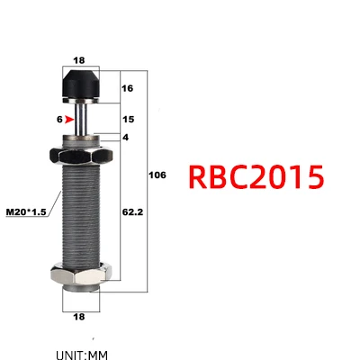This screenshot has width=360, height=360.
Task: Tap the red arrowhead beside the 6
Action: coord(68,119)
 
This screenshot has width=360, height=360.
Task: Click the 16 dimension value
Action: coord(126,89)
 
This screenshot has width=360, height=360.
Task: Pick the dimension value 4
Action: coord(125,138)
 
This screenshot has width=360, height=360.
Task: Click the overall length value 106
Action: coord(157,175)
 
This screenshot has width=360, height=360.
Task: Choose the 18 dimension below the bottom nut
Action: coord(79,316)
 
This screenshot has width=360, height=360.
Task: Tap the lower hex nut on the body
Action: coord(80,271)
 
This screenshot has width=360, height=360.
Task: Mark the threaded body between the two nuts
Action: coord(80,216)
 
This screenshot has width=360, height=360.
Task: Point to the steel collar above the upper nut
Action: coord(80,139)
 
